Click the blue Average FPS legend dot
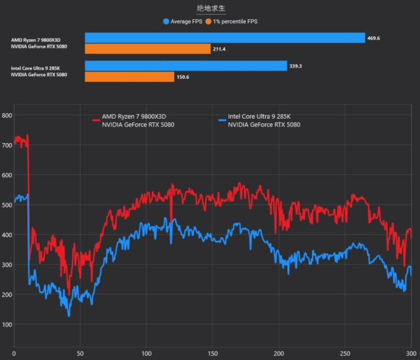(166, 22)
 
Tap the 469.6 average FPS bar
(225, 38)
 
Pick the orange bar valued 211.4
(148, 49)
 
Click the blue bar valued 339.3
(186, 66)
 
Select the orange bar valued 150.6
(130, 77)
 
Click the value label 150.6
(183, 77)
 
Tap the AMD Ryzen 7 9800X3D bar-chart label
(36, 40)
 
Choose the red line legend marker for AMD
(96, 120)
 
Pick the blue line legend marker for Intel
(222, 120)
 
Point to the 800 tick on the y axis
(7, 116)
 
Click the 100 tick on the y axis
(7, 324)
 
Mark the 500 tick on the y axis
(7, 205)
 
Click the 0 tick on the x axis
(14, 354)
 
